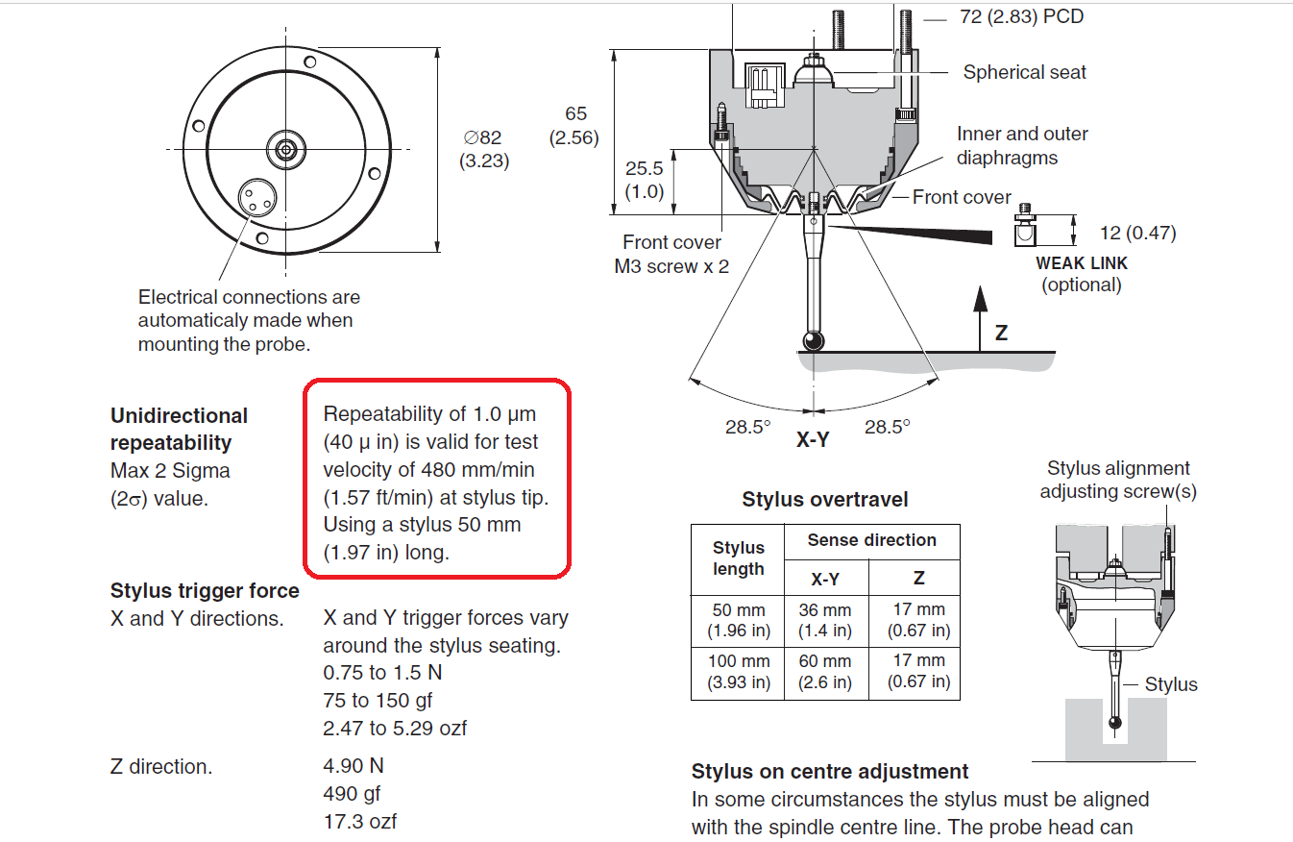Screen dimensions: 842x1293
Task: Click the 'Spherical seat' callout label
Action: point(1024,72)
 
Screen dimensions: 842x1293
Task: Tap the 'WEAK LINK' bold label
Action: point(1082,262)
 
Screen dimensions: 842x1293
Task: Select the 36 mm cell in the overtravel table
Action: point(825,621)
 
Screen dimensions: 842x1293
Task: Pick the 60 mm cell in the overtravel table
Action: point(825,672)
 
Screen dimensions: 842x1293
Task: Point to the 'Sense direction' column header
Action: point(871,540)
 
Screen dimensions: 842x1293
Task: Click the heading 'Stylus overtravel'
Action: point(824,500)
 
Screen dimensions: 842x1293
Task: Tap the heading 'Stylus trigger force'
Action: point(205,590)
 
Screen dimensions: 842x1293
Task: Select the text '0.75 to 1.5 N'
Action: point(382,673)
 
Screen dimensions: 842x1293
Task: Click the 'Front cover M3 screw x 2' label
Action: point(671,255)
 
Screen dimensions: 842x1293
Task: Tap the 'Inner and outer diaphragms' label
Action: point(1021,146)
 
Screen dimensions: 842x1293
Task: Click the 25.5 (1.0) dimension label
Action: point(644,180)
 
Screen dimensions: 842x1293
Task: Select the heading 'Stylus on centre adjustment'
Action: point(830,771)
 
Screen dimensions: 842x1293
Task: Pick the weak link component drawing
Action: point(1024,230)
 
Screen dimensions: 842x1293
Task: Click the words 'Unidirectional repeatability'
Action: point(179,429)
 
